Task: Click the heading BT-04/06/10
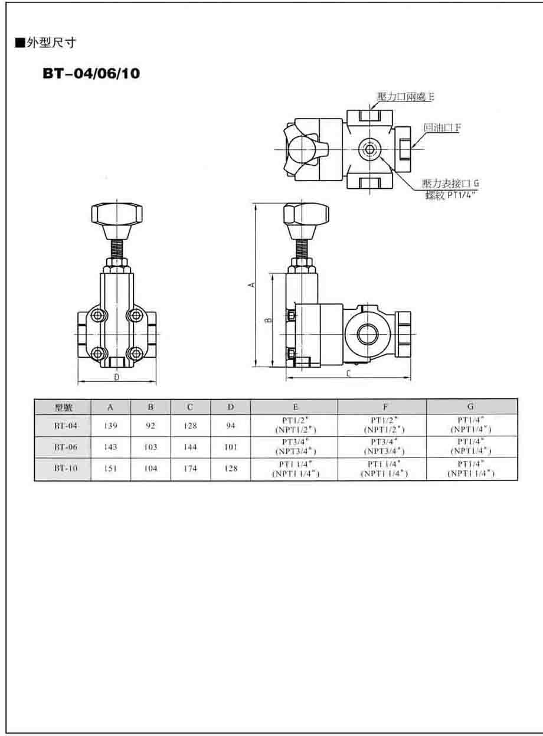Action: [91, 73]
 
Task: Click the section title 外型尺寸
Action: [51, 43]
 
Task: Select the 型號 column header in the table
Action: [63, 407]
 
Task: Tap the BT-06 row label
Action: [66, 447]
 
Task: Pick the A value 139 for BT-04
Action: [110, 426]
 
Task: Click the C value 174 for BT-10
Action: [190, 468]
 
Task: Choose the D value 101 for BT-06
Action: [231, 447]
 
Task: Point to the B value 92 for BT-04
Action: [151, 426]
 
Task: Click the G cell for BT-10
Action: [471, 468]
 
